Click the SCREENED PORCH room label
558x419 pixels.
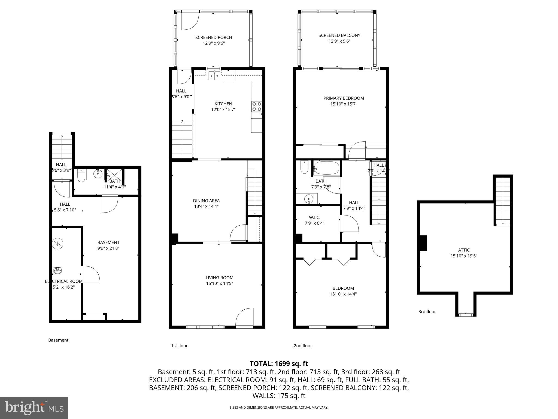[214, 37]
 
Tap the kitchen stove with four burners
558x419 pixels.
[256, 106]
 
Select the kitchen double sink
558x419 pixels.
[214, 76]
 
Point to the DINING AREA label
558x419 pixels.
[206, 201]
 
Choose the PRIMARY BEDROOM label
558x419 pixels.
[344, 98]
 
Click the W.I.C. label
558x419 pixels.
[314, 217]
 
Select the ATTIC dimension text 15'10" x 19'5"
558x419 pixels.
[464, 256]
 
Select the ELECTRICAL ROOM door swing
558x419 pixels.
[91, 274]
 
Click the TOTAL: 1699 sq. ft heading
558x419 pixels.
[279, 364]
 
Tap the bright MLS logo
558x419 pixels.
[34, 408]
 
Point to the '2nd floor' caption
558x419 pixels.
[302, 346]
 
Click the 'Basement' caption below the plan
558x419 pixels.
[58, 340]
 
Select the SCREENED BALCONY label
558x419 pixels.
[339, 35]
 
